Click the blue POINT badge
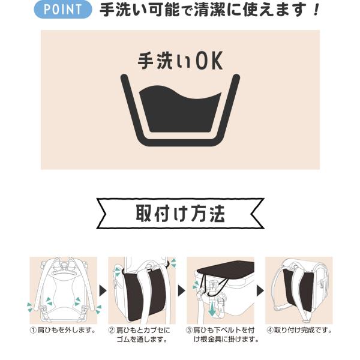[x=63, y=10]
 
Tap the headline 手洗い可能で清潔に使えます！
[x=209, y=10]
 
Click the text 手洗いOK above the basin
[x=180, y=61]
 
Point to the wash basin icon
[x=180, y=110]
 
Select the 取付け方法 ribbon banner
[x=180, y=213]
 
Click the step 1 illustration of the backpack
[x=64, y=290]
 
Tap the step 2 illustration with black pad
[x=142, y=290]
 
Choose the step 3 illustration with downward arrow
[x=220, y=290]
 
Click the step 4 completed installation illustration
[x=299, y=290]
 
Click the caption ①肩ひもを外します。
[x=63, y=331]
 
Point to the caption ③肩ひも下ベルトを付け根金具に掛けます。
[x=222, y=335]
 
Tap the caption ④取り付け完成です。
[x=299, y=331]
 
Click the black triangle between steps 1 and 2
[x=103, y=290]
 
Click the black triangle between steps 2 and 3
[x=181, y=290]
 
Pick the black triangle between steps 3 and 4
[x=260, y=290]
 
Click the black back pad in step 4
[x=298, y=290]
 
